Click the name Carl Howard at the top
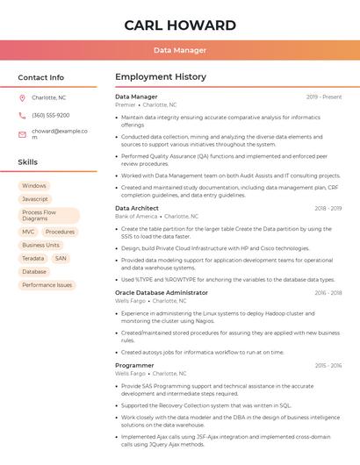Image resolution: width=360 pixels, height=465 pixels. pyautogui.click(x=180, y=25)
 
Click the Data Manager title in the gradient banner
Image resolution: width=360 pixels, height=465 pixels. pyautogui.click(x=180, y=51)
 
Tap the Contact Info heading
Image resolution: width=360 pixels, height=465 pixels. pyautogui.click(x=41, y=77)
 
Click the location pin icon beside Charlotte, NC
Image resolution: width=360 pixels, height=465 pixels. pyautogui.click(x=23, y=98)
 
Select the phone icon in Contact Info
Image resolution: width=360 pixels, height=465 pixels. pyautogui.click(x=23, y=116)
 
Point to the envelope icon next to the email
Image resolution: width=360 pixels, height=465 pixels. pyautogui.click(x=23, y=133)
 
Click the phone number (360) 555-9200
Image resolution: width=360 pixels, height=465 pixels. pyautogui.click(x=51, y=116)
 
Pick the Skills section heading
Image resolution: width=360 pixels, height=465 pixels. pyautogui.click(x=28, y=162)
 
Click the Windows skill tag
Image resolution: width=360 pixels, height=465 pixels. pyautogui.click(x=34, y=186)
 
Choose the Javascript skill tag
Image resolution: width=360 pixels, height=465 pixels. pyautogui.click(x=35, y=199)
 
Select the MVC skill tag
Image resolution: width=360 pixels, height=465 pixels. pyautogui.click(x=29, y=232)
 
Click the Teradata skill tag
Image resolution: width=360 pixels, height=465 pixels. pyautogui.click(x=33, y=259)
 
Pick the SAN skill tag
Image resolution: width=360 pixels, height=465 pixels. pyautogui.click(x=61, y=259)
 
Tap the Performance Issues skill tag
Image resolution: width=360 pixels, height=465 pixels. pyautogui.click(x=47, y=285)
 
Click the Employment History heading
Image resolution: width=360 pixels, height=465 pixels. pyautogui.click(x=161, y=77)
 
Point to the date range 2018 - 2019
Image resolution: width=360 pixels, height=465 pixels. pyautogui.click(x=328, y=209)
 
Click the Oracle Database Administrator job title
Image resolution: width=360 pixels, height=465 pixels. pyautogui.click(x=162, y=293)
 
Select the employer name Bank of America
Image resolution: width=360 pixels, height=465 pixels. pyautogui.click(x=136, y=216)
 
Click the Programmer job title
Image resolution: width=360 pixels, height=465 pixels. pyautogui.click(x=134, y=365)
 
